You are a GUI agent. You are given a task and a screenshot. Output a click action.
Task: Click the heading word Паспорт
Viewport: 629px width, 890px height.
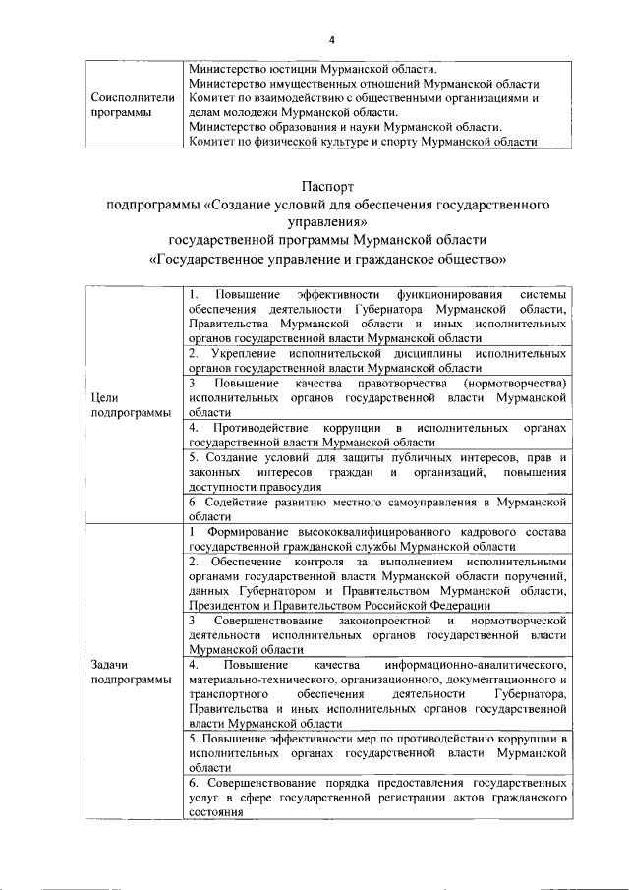coord(326,186)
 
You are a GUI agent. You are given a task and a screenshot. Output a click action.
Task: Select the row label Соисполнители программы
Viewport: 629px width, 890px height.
coord(133,105)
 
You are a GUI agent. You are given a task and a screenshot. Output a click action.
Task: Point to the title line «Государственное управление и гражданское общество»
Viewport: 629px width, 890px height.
coord(326,260)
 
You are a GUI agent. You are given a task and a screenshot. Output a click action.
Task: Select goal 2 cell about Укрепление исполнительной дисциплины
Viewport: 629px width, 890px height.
coord(377,358)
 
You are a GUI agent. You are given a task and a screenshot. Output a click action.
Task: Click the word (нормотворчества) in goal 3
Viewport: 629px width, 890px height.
coord(513,382)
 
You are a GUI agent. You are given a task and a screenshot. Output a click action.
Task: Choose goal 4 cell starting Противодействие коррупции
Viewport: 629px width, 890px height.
coord(377,436)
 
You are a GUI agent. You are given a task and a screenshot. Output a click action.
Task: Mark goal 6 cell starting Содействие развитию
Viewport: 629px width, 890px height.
coord(377,508)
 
